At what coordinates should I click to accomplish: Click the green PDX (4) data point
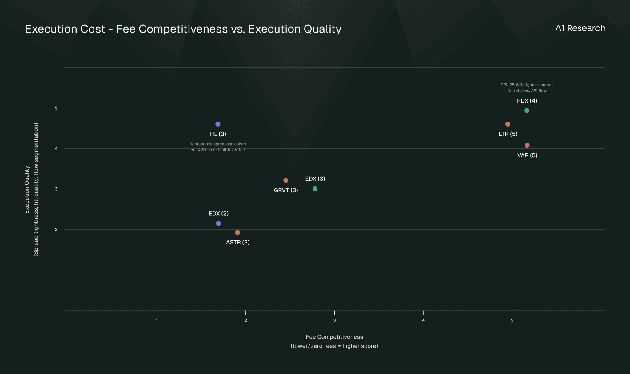(527, 111)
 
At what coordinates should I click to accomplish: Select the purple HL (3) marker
(218, 124)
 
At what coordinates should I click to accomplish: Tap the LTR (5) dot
(508, 124)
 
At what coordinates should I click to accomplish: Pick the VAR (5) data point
(527, 145)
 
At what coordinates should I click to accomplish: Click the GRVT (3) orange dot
(286, 180)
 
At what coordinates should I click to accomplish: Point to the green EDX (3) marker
(315, 188)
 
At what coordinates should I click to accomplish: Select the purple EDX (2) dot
(218, 223)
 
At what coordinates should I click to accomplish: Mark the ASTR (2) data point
(237, 232)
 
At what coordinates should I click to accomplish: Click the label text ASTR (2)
(237, 243)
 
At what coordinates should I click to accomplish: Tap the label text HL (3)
(218, 134)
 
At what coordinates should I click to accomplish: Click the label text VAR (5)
(527, 155)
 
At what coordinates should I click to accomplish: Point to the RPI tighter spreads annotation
(527, 88)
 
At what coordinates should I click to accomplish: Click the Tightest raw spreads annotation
(217, 147)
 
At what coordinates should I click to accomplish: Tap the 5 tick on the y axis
(56, 108)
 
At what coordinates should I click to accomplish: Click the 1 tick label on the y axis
(57, 270)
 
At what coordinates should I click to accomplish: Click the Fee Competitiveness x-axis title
(334, 337)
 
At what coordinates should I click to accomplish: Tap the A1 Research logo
(580, 28)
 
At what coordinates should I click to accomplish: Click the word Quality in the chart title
(322, 29)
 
